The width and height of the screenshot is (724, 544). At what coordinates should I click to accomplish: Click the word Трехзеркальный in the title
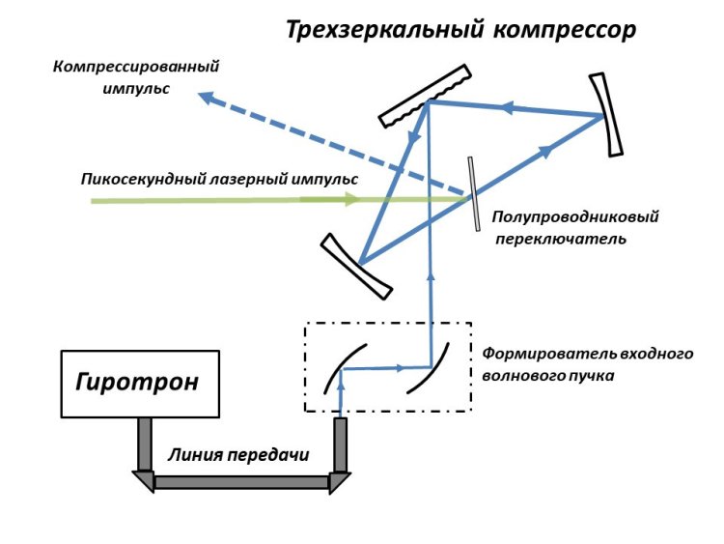tap(382, 30)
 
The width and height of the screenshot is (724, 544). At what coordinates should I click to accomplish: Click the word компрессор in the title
tap(565, 30)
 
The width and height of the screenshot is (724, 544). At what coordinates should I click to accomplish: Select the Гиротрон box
tap(138, 382)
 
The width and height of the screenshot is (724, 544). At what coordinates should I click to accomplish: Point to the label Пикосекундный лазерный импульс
tap(220, 179)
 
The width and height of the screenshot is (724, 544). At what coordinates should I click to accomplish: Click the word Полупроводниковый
tap(575, 217)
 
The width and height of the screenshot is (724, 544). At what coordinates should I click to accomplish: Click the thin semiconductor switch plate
tap(474, 194)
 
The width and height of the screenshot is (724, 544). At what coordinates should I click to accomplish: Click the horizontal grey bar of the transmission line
tap(241, 480)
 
